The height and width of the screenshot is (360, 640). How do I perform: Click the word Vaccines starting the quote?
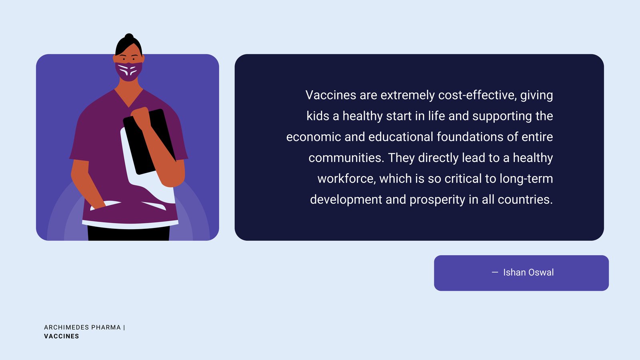(330, 95)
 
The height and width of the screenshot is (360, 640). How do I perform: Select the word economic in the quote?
(314, 137)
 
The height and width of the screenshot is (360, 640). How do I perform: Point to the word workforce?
(346, 178)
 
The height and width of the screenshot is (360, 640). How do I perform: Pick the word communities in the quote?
(346, 158)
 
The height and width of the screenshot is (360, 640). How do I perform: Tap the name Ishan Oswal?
(528, 272)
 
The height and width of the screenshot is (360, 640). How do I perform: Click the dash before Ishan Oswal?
(494, 272)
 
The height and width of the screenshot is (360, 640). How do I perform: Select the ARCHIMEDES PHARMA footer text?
(82, 328)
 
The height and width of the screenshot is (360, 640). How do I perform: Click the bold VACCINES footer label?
(62, 336)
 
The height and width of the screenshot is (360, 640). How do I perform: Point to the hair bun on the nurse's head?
(129, 37)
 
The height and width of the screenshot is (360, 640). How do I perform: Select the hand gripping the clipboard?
(142, 117)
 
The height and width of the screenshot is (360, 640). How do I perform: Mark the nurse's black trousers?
(128, 233)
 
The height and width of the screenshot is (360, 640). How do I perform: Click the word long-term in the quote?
(526, 179)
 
